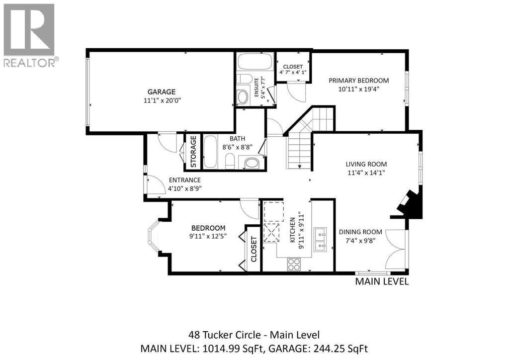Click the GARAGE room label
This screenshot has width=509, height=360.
click(162, 92)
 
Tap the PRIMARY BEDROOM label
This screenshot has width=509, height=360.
click(359, 81)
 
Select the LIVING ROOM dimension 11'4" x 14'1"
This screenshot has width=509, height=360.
click(366, 173)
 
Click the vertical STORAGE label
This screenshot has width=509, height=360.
click(193, 152)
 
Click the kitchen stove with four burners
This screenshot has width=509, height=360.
click(294, 264)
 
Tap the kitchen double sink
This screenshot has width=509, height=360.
click(321, 239)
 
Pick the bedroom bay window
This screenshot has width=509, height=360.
click(154, 236)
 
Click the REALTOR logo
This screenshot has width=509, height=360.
click(29, 35)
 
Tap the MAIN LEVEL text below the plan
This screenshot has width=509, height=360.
click(382, 281)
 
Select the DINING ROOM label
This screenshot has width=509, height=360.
click(360, 232)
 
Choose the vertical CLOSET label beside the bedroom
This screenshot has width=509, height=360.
click(254, 249)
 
